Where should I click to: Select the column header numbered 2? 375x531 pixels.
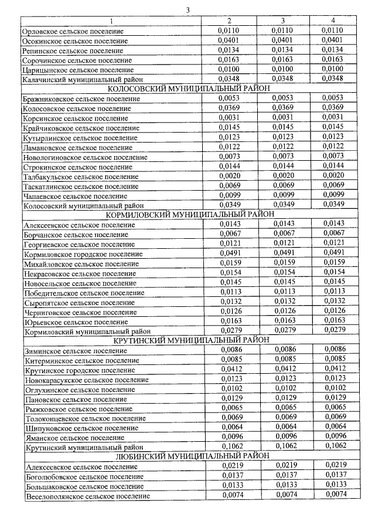coord(229,21)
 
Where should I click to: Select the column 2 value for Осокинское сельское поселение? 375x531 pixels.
coord(229,40)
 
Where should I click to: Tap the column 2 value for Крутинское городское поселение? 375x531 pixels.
coord(229,369)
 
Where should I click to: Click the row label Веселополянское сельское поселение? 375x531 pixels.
coord(87,496)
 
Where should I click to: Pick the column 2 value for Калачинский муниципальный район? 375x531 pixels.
coord(229,79)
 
